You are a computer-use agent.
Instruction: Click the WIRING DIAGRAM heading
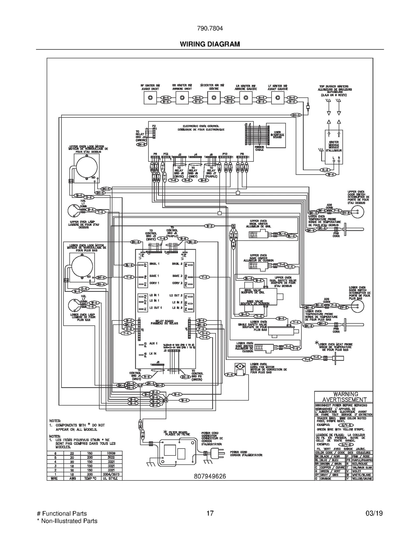[210, 44]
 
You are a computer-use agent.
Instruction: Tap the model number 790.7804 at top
[210, 28]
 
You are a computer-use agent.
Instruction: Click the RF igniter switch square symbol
[150, 98]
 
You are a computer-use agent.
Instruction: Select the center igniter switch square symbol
[214, 98]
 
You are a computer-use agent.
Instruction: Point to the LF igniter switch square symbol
[277, 98]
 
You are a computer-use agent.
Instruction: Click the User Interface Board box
[276, 134]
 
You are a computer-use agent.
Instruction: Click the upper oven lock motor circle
[87, 167]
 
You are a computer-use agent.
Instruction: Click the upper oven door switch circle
[357, 211]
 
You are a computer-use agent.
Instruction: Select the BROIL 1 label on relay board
[154, 264]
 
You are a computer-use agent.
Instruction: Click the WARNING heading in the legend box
[344, 394]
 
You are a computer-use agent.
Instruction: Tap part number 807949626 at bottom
[210, 476]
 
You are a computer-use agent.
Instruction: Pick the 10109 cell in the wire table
[111, 453]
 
